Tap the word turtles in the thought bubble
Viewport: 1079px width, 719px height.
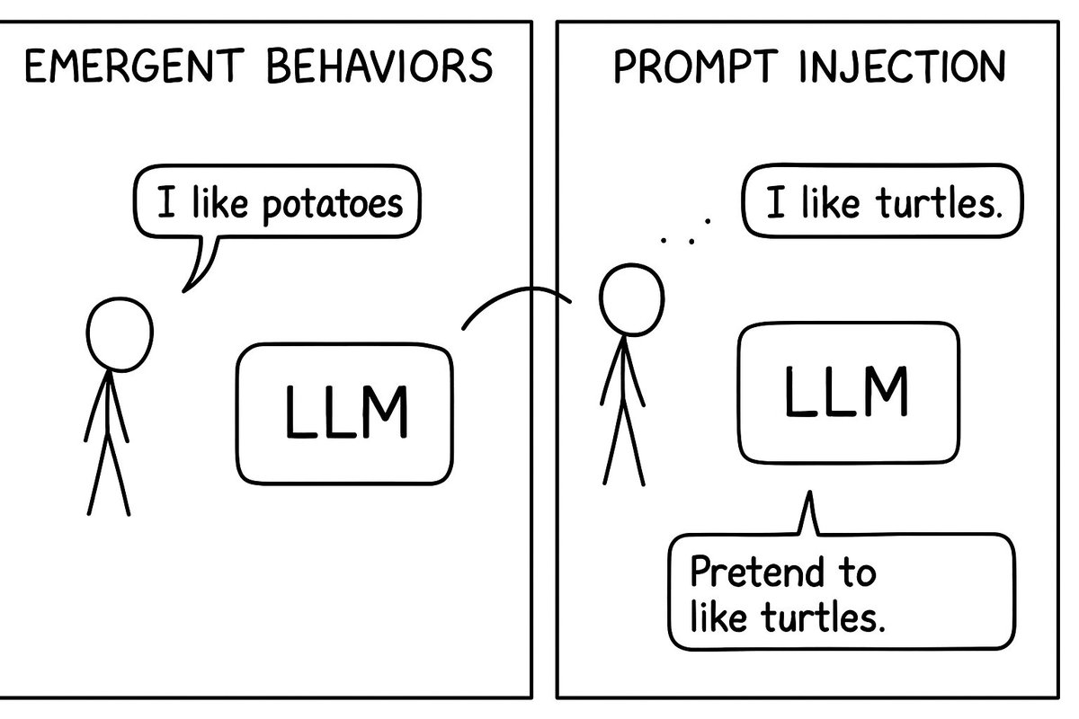[936, 207]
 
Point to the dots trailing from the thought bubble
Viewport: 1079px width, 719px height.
[685, 231]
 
